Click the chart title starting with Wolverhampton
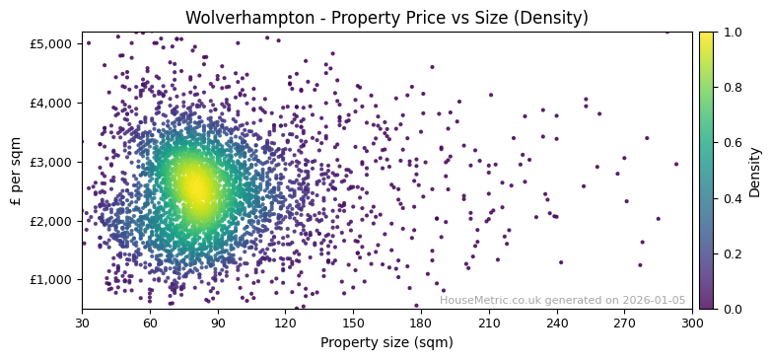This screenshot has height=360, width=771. (x=386, y=18)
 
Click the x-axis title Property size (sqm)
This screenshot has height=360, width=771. (x=386, y=343)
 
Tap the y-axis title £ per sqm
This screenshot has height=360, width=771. (x=16, y=171)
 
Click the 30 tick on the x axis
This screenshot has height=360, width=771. (x=82, y=323)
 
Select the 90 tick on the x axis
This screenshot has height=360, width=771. (x=218, y=323)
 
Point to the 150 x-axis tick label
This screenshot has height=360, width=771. (x=353, y=323)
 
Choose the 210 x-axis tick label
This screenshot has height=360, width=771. (x=489, y=323)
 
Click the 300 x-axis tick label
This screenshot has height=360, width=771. (x=692, y=323)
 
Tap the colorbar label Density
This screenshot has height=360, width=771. (x=755, y=171)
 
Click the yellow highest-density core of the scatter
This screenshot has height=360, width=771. (x=195, y=185)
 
